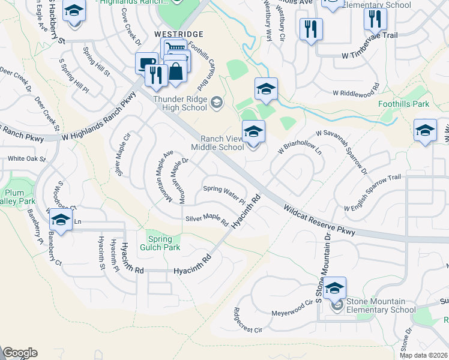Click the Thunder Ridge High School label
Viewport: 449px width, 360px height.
click(180, 104)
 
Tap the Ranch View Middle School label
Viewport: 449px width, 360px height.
click(217, 143)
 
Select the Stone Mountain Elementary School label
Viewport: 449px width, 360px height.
click(380, 305)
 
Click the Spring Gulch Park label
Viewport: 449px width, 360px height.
click(160, 243)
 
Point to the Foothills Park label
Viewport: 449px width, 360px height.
click(404, 104)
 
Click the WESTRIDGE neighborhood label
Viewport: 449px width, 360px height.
click(179, 34)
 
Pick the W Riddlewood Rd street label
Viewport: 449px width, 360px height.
click(356, 93)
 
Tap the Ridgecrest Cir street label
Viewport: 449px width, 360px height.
click(248, 320)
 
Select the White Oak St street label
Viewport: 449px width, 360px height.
click(27, 159)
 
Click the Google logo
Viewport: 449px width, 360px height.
click(20, 352)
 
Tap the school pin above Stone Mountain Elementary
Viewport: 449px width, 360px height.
click(335, 288)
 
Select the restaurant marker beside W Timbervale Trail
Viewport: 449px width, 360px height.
click(375, 19)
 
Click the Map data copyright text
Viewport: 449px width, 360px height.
click(423, 355)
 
